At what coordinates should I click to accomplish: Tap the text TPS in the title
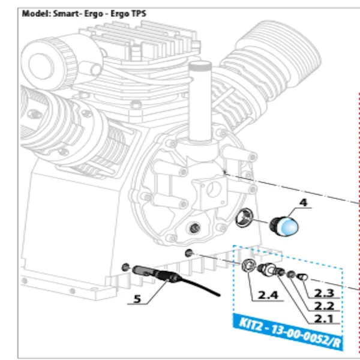click(139, 13)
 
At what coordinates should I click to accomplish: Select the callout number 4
click(303, 203)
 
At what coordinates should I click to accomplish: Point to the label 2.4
click(268, 295)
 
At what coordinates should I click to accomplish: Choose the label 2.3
click(324, 293)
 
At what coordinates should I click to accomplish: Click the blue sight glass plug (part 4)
click(283, 226)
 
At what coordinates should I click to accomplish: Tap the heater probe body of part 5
click(148, 272)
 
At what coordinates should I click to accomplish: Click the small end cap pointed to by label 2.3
click(303, 277)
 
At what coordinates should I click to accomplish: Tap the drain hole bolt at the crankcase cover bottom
click(194, 227)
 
